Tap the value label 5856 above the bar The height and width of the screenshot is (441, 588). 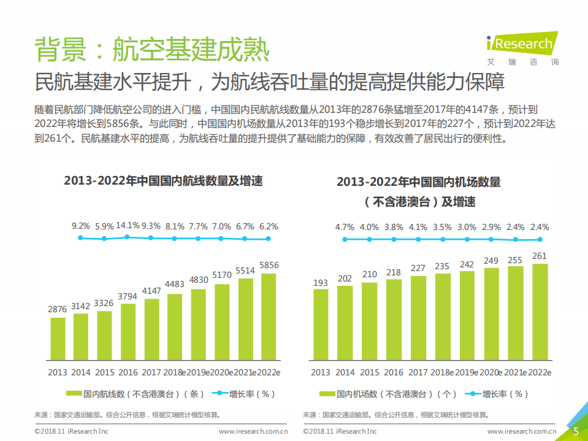[x=269, y=265]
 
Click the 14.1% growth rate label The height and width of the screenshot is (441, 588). [x=128, y=225]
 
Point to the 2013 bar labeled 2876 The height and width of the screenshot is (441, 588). [x=58, y=339]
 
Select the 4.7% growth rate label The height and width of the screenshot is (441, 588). [x=345, y=226]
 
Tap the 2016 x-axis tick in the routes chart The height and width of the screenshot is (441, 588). [x=128, y=372]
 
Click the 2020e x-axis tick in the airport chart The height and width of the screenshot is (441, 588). [x=491, y=372]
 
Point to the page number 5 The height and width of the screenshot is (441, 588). [x=576, y=431]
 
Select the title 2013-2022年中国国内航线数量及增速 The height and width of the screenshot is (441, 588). [x=163, y=181]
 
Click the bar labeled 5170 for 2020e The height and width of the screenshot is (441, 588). [x=222, y=322]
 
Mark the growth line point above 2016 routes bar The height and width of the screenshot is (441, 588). [x=128, y=237]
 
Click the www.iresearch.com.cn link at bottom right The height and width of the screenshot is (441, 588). [x=521, y=432]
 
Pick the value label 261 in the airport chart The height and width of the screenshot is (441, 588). [x=540, y=256]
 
